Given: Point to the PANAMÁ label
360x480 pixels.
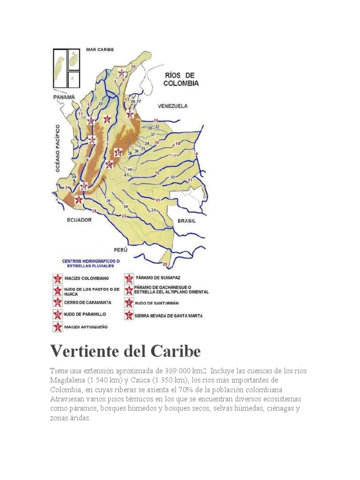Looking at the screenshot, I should tap(63, 97).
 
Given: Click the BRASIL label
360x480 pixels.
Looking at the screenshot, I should tap(186, 220).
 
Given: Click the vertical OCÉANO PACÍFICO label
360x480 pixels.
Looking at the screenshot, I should tap(59, 149).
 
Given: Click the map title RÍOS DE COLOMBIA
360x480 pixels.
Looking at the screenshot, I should tap(180, 79).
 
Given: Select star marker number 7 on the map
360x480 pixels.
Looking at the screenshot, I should tap(118, 152).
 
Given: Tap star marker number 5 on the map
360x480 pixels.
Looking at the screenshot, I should tap(107, 119).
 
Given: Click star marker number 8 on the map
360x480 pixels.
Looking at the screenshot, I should tap(130, 114).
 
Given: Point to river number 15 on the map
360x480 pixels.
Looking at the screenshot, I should tap(156, 121).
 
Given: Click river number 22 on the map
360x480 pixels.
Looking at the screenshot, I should tap(124, 216).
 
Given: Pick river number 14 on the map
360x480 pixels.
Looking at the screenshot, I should tap(196, 154).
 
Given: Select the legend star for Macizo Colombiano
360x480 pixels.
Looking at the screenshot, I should tap(58, 279).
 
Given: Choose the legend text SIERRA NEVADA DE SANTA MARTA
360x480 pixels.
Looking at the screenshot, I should tap(168, 316).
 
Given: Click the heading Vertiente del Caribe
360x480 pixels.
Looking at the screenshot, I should tap(126, 351).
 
